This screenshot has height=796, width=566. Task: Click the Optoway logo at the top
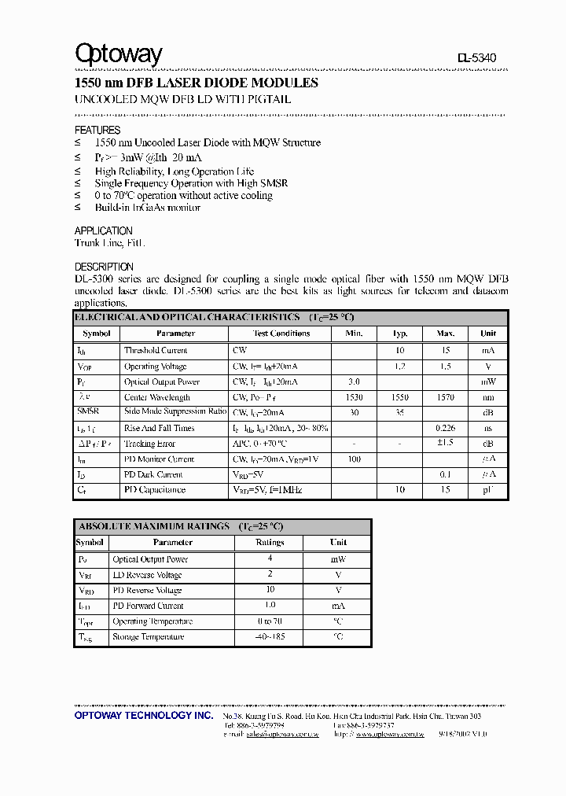(x=118, y=53)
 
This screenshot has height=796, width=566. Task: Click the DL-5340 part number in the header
(x=476, y=58)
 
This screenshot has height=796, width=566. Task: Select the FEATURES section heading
(x=97, y=130)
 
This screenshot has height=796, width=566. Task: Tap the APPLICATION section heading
(x=103, y=230)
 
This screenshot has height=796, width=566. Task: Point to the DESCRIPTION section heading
(x=104, y=267)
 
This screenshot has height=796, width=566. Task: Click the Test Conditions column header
(x=281, y=334)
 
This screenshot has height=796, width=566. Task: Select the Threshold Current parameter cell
(x=156, y=351)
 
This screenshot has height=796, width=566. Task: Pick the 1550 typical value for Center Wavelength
(x=400, y=397)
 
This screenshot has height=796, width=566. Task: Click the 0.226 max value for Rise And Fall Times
(x=445, y=428)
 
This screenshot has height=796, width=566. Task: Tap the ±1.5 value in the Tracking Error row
(x=445, y=444)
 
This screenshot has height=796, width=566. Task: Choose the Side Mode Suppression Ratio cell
(x=175, y=412)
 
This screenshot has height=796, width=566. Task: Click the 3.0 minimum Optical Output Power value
(x=354, y=381)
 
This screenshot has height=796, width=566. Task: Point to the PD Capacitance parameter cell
(x=155, y=490)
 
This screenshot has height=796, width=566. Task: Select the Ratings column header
(x=270, y=543)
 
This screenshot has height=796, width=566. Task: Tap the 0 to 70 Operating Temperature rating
(x=270, y=621)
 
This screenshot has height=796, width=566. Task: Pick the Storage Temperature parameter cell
(x=149, y=637)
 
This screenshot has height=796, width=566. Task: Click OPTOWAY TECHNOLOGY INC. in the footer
(x=143, y=717)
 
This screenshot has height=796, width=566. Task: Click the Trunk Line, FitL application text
(x=109, y=244)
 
